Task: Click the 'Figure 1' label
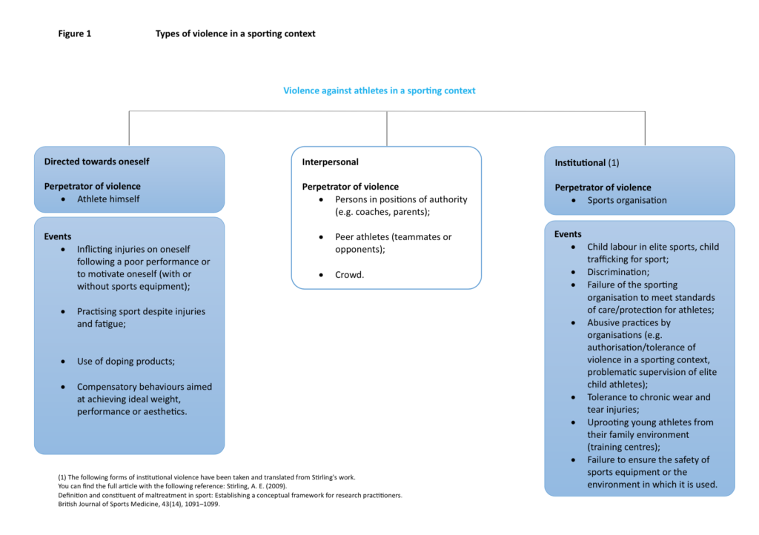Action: (75, 33)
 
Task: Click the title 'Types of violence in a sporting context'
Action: (235, 33)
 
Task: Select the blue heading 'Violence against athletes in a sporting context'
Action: (379, 90)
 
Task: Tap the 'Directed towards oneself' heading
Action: (96, 161)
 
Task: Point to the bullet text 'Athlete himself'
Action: (108, 199)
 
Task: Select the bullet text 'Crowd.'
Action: (350, 274)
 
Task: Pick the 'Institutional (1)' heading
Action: (586, 162)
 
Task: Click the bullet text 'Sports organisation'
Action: (627, 200)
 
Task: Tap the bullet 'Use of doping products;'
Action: (130, 362)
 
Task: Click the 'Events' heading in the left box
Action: (58, 236)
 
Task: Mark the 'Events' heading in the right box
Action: (568, 234)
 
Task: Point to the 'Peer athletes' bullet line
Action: (393, 237)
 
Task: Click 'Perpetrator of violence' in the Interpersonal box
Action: (350, 187)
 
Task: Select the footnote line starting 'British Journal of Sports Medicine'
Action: (139, 504)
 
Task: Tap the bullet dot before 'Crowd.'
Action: (320, 275)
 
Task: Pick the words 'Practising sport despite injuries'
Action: (141, 311)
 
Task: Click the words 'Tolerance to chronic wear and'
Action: (649, 397)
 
